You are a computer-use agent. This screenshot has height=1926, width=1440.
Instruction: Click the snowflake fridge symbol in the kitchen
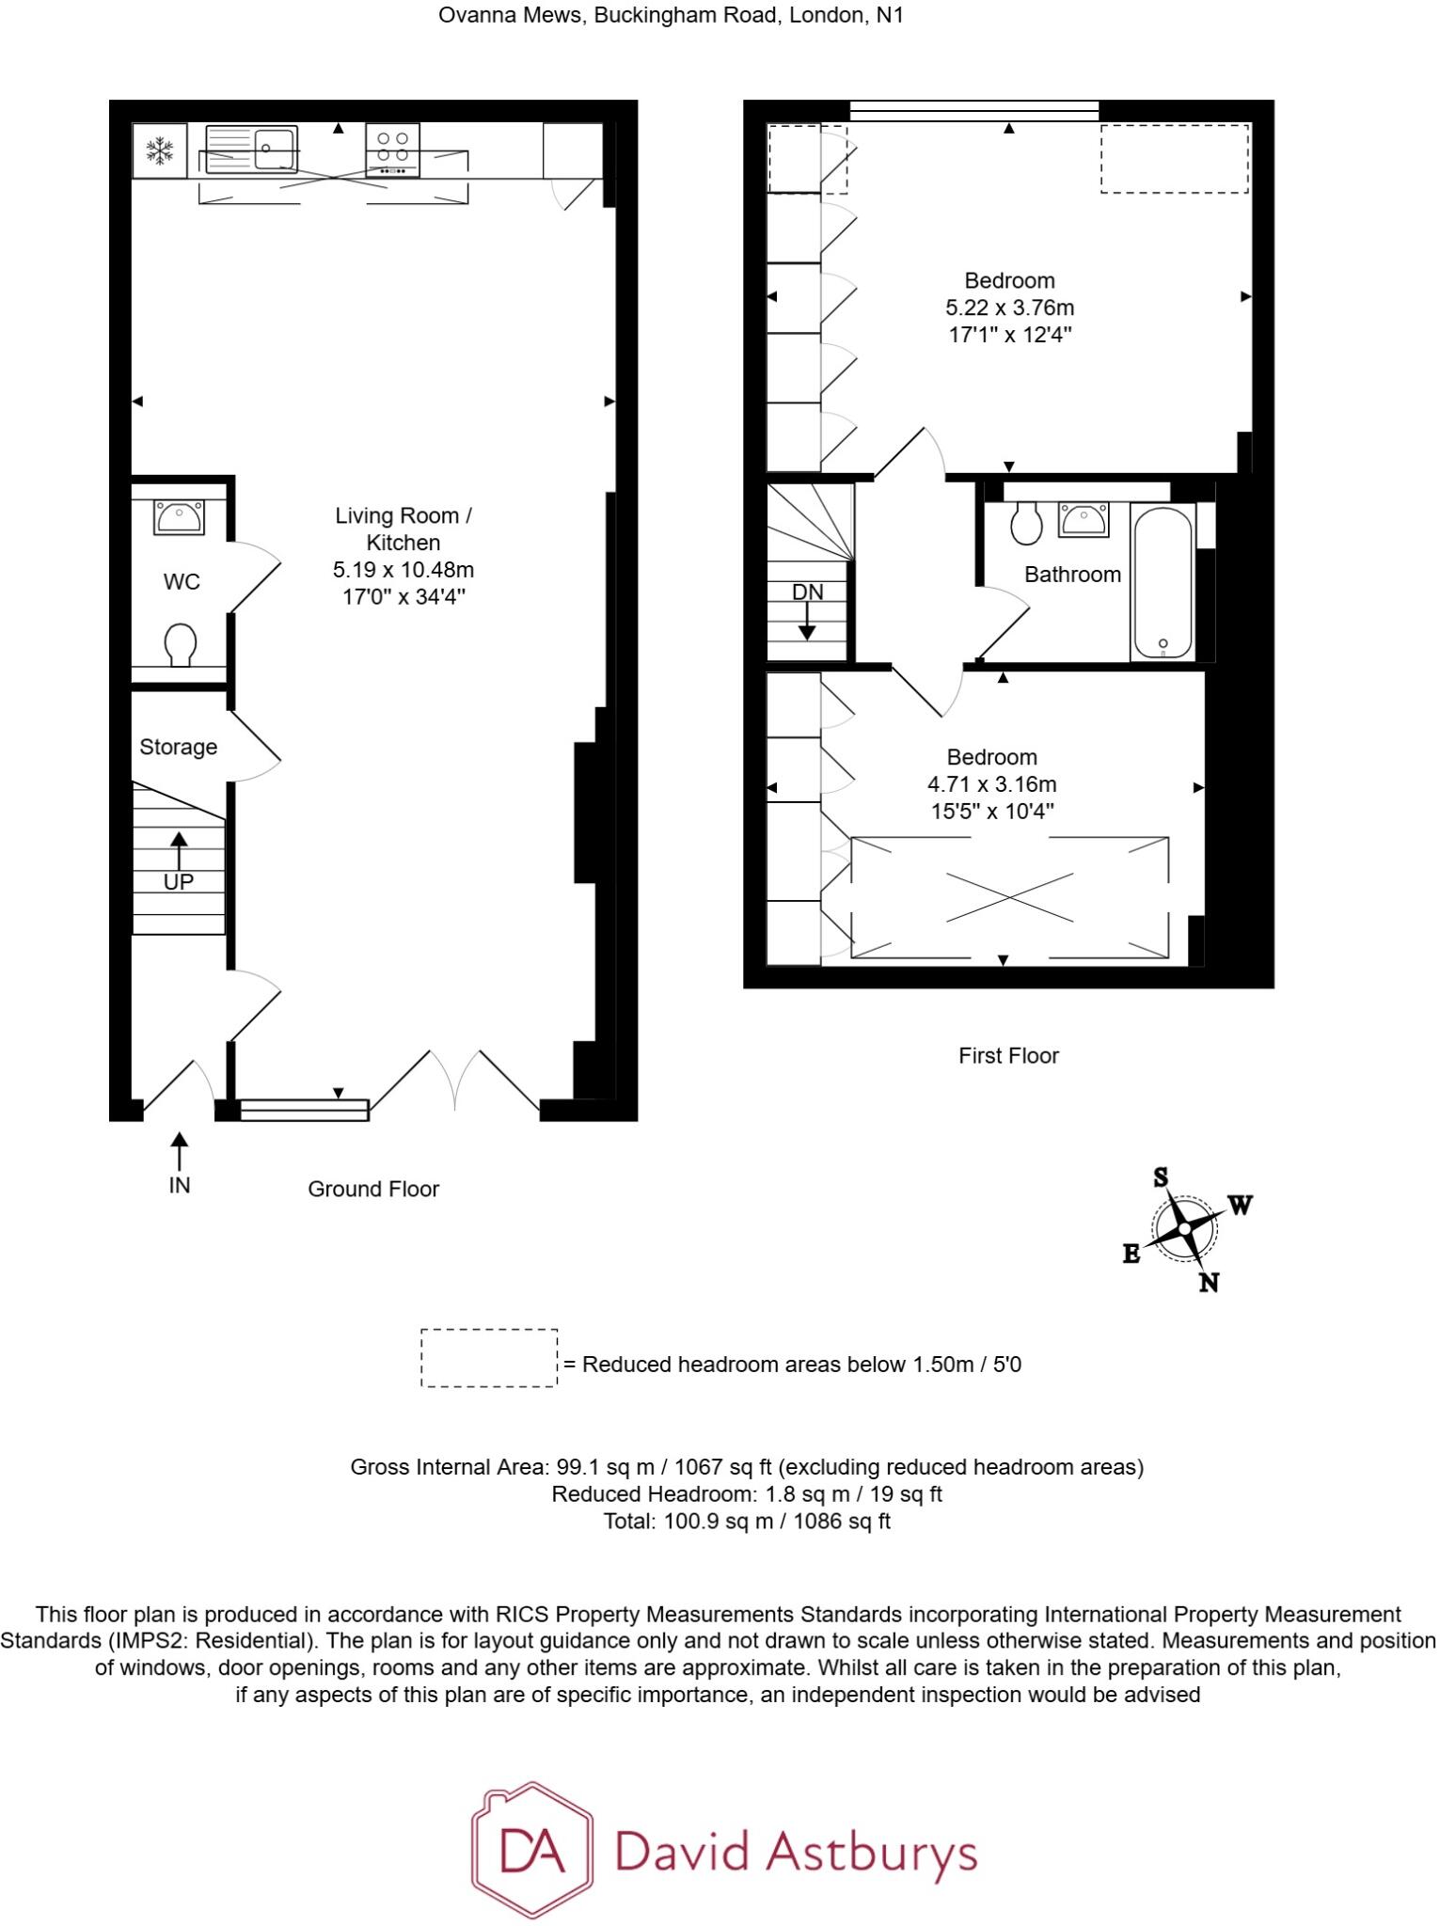point(160,150)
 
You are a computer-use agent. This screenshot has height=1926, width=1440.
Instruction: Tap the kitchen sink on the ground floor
point(251,150)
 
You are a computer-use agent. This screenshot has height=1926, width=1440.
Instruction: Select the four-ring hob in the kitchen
point(392,150)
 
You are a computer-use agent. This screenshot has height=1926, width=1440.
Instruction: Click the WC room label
point(182,582)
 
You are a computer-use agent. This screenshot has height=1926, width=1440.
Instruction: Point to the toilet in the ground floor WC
point(181,645)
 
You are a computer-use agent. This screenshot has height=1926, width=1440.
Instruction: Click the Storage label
point(178,747)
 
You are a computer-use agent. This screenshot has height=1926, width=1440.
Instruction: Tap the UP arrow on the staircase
point(178,851)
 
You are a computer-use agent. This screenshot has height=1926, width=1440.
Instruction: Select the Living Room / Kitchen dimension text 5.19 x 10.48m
point(404,570)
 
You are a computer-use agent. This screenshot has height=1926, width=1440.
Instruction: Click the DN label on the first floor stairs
point(807,592)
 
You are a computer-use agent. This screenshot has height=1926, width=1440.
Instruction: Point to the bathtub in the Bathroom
point(1163,583)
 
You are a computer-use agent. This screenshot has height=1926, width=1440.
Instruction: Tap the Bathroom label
point(1072,575)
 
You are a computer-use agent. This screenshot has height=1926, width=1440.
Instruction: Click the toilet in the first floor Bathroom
point(1026,525)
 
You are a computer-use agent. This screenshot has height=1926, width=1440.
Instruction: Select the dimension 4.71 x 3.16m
point(991,784)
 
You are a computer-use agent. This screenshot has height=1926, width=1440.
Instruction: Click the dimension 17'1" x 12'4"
point(1010,335)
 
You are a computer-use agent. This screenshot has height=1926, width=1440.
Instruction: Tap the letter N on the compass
point(1209,1282)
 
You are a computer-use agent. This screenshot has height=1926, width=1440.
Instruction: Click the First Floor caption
point(1008,1056)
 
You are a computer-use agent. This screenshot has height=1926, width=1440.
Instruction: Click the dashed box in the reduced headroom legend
point(488,1358)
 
